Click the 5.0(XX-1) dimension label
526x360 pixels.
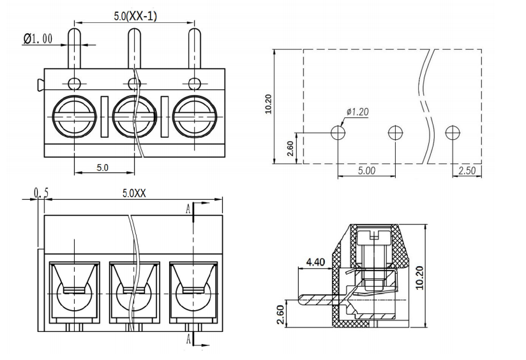pos(135,17)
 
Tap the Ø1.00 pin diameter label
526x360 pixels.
pos(38,39)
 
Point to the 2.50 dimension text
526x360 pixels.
pos(467,170)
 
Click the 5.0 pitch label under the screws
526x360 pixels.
pos(103,168)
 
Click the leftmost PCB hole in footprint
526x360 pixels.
pos(338,132)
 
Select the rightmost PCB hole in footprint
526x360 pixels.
pos(453,132)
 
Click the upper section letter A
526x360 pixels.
pos(188,209)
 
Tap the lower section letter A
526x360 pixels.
pos(188,339)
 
